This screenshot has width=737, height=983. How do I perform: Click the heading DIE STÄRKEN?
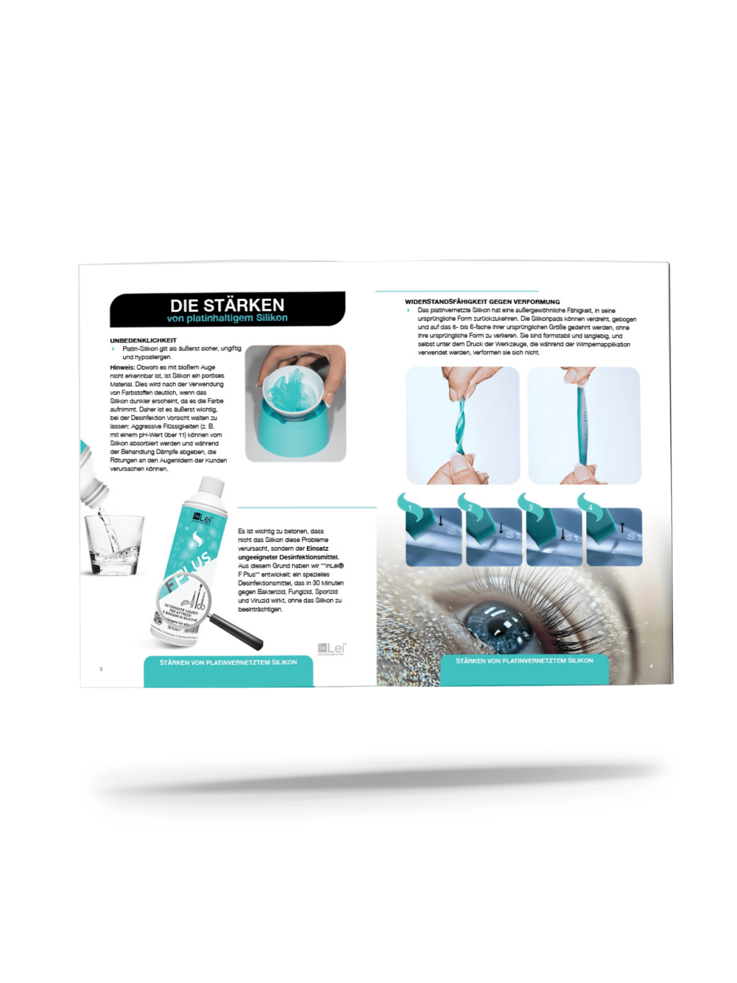click(x=227, y=305)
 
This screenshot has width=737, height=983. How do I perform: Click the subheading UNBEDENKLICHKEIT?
click(x=143, y=340)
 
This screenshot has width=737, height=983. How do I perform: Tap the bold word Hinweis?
click(x=122, y=367)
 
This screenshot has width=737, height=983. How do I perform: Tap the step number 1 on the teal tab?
click(x=410, y=508)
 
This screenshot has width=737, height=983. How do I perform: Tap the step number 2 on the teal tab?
click(x=470, y=508)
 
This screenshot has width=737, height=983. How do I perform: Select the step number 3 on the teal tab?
click(x=531, y=508)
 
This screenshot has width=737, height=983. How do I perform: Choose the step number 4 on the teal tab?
click(x=591, y=508)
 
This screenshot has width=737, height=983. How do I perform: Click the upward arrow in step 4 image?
click(x=622, y=527)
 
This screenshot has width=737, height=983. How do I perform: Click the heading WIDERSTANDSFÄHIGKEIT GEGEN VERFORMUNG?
click(x=482, y=302)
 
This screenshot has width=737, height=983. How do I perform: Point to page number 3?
click(x=101, y=669)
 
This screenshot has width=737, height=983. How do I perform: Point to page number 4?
click(x=651, y=666)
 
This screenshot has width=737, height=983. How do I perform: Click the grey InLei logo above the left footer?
click(x=332, y=648)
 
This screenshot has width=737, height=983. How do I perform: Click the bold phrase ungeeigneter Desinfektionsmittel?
click(x=288, y=557)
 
